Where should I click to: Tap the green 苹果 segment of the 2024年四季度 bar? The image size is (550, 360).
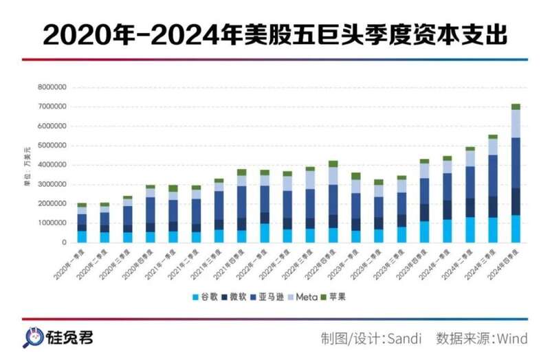click(516, 106)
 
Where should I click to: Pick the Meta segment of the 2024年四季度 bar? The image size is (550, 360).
click(516, 124)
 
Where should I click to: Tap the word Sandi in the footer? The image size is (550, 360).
click(402, 339)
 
